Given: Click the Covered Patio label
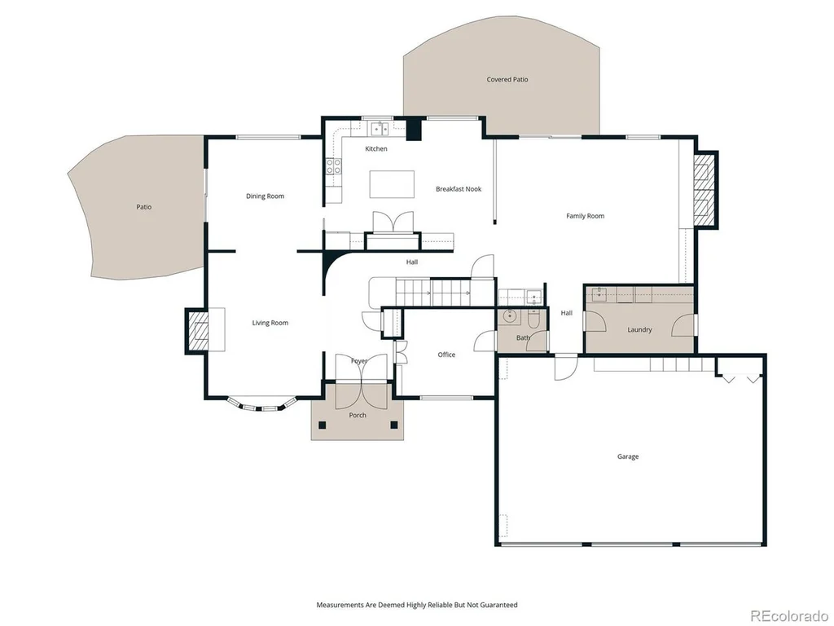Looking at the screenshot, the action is coord(507,79).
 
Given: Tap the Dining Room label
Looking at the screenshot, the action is coord(265,196).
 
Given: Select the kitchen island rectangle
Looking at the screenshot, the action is coord(392,184).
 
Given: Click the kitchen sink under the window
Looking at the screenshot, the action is coord(380,128).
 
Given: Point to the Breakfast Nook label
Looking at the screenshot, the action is coord(459,189).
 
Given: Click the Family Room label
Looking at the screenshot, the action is coord(585,215).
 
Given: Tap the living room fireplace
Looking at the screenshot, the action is coord(198,330).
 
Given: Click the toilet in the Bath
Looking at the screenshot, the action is coord(534,319).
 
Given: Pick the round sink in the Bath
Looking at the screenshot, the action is coord(511,316).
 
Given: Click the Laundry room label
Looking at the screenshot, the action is coord(639,329).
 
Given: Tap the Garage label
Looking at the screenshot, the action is coord(628,456).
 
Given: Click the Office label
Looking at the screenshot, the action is coord(446,355).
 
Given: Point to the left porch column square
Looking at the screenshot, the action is coord(322,425).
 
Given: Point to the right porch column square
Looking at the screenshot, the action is coord(394,425).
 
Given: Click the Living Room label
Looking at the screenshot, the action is coord(270,323).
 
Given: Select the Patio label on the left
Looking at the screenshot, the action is coord(143,206).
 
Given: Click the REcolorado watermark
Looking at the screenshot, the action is coord(788,616).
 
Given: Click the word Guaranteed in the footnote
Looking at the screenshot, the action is coord(499,605).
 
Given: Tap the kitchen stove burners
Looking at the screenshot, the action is coord(333,166).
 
